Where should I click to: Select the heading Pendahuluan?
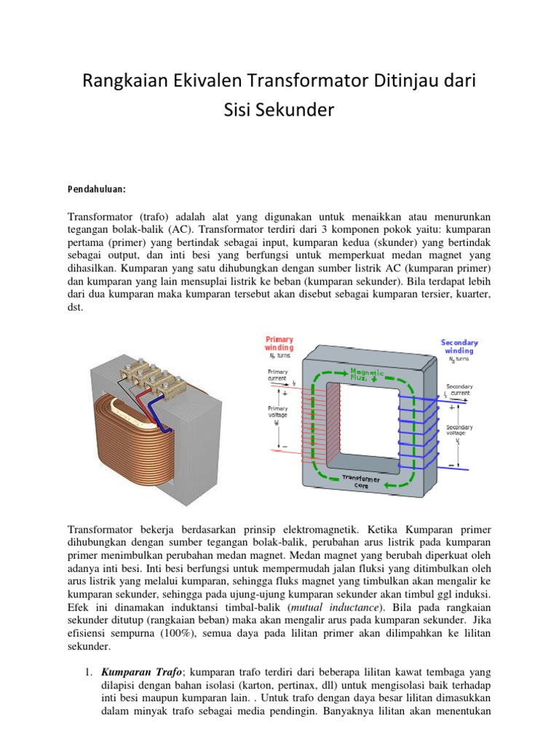(x=97, y=189)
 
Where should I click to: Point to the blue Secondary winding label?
(x=459, y=346)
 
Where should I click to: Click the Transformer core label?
(x=362, y=481)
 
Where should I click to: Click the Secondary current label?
(x=459, y=389)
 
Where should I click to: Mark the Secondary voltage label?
(x=459, y=430)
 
